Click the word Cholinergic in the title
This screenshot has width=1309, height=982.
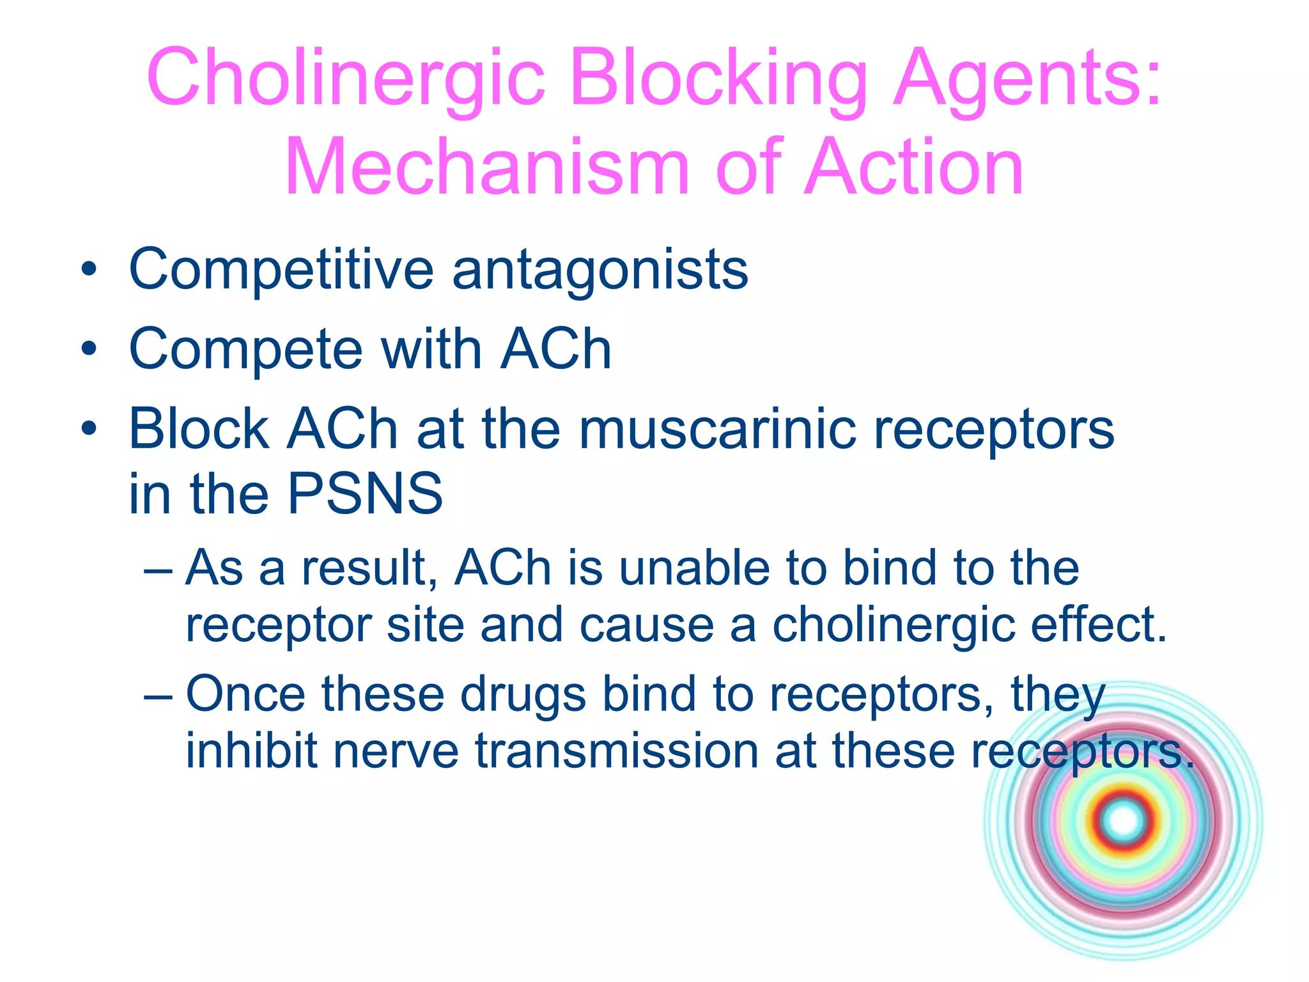345,78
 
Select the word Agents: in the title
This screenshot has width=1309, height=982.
1026,78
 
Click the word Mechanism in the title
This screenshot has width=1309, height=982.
486,168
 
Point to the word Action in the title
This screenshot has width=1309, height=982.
914,168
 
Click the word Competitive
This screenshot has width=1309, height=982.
281,270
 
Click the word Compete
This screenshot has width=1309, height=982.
246,350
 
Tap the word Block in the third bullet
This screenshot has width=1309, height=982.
199,430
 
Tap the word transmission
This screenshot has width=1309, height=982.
616,751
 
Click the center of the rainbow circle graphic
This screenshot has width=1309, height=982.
1123,822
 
